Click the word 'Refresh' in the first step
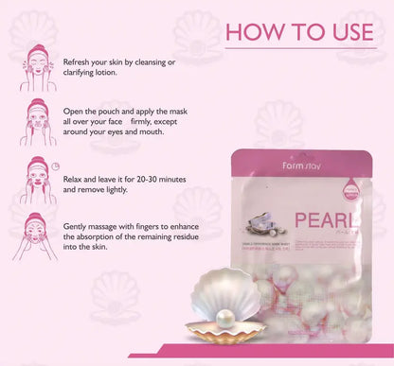[79, 61]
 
